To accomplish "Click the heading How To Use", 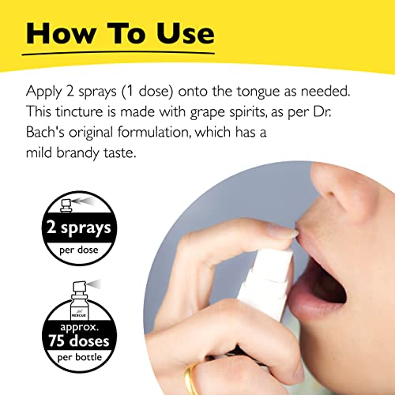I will (x=118, y=33).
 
